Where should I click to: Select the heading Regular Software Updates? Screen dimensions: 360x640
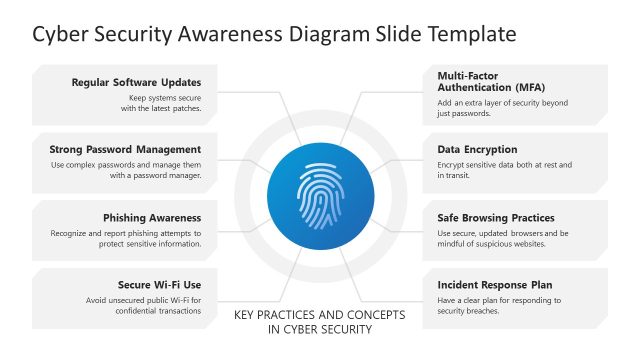[x=137, y=82]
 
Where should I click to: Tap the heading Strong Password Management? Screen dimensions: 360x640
[x=125, y=150]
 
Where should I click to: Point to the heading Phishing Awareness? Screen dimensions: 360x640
[x=152, y=217]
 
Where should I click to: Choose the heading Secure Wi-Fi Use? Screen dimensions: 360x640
[x=160, y=284]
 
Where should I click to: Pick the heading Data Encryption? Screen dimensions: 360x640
[x=477, y=150]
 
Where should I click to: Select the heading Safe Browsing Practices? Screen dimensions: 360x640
[x=496, y=217]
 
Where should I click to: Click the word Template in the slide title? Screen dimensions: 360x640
[x=468, y=34]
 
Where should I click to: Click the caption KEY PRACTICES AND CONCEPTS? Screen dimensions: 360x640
[x=320, y=315]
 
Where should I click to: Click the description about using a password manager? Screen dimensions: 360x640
[x=125, y=170]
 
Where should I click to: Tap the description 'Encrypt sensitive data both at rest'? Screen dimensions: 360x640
[x=504, y=170]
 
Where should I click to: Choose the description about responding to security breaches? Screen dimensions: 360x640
[x=499, y=305]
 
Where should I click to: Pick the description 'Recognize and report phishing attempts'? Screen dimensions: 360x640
[x=125, y=238]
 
